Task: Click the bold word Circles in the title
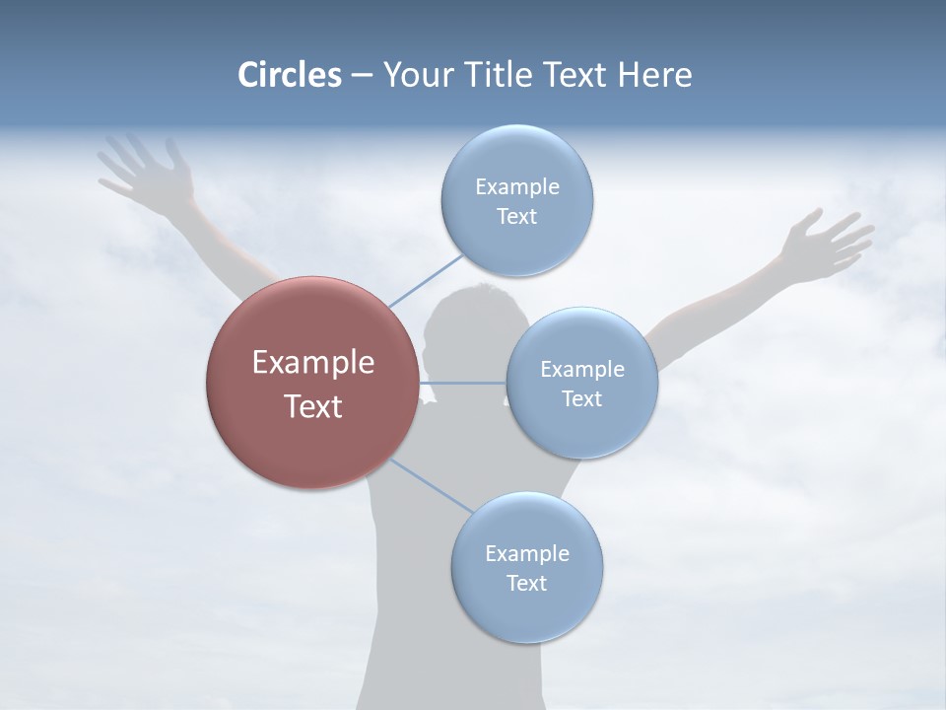click(x=290, y=75)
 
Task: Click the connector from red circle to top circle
click(x=425, y=281)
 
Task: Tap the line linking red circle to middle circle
click(x=462, y=383)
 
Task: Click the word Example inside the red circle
click(x=312, y=363)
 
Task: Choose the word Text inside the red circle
click(x=312, y=406)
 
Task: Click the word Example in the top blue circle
click(x=516, y=187)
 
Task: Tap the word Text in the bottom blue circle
click(x=526, y=584)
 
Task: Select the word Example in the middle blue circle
click(x=581, y=370)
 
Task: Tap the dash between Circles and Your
click(x=362, y=76)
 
